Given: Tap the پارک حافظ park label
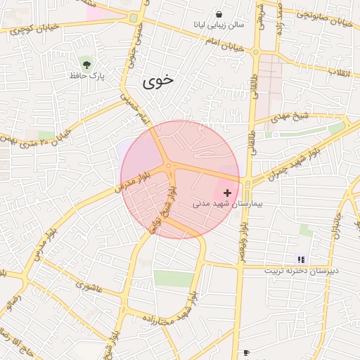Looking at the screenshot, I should click(x=87, y=75).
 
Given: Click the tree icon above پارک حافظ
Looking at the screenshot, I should click(x=86, y=63).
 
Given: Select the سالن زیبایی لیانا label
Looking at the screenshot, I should click(x=221, y=25).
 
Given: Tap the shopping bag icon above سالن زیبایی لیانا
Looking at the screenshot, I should click(x=219, y=14).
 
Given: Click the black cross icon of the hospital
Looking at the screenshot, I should click(x=227, y=192).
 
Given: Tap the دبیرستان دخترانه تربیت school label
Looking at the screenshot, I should click(x=302, y=271).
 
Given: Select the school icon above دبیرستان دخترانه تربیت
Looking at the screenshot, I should click(x=302, y=259).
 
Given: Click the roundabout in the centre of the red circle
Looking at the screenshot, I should click(x=169, y=166).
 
